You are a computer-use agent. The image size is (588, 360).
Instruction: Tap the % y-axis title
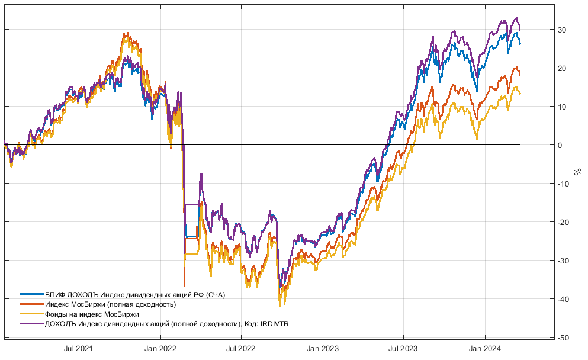pyautogui.click(x=578, y=171)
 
